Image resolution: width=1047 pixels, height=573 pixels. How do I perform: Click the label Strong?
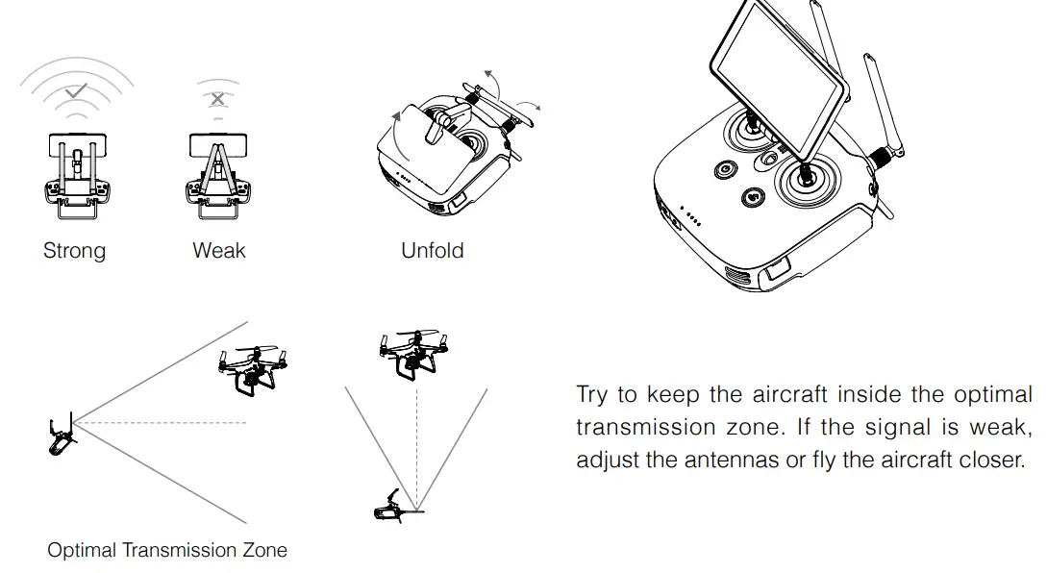[x=74, y=251]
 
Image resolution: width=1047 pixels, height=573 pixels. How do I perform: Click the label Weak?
[x=219, y=251]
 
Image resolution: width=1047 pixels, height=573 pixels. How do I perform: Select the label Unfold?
[x=432, y=251]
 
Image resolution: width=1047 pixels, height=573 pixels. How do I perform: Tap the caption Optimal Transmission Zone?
[x=167, y=551]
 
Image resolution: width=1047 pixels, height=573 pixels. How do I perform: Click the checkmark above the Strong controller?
[x=74, y=94]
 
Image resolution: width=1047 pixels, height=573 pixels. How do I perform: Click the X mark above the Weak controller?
[x=218, y=98]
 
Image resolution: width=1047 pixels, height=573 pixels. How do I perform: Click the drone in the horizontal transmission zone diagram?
[x=252, y=369]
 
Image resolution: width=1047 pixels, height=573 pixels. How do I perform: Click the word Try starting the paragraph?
[x=592, y=396]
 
